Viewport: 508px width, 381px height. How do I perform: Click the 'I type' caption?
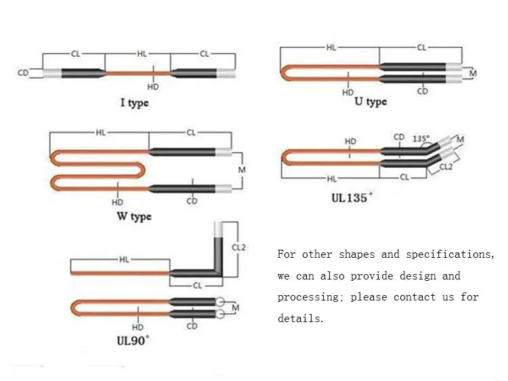pos(135,103)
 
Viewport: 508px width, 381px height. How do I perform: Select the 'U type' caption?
pos(371,102)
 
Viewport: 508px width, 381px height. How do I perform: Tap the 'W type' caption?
pos(134,217)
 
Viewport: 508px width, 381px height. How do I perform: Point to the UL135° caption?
pos(352,198)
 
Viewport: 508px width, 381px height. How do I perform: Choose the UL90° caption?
pos(133,340)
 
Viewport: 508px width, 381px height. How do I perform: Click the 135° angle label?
pos(421,139)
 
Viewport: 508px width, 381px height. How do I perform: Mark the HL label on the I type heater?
pos(142,53)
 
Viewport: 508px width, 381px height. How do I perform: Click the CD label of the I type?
pos(23,73)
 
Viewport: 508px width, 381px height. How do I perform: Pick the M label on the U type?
pos(473,74)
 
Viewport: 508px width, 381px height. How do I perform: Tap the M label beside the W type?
pos(242,170)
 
